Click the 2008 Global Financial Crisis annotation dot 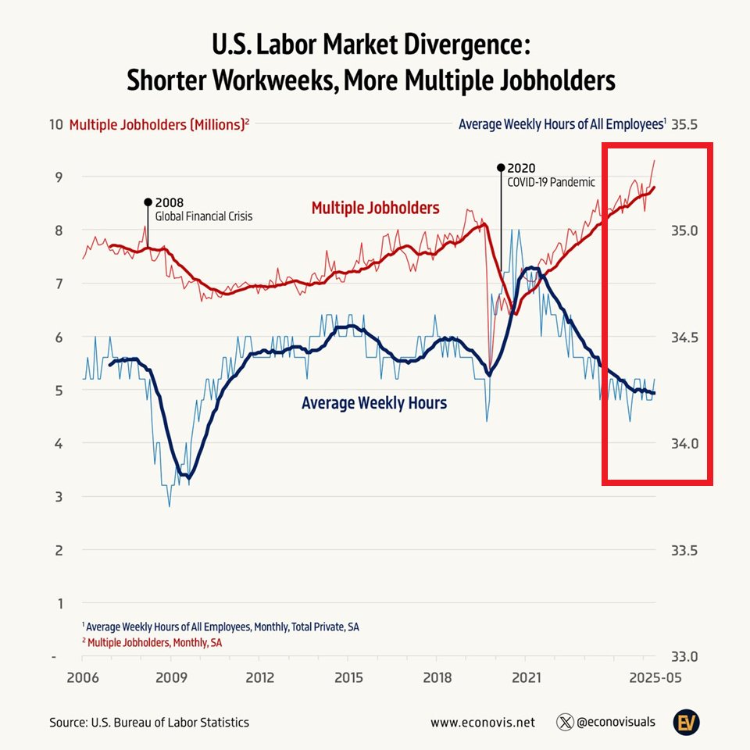click(x=147, y=202)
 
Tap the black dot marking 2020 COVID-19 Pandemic click(x=500, y=167)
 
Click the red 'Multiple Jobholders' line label click(x=375, y=208)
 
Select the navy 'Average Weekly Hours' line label click(x=374, y=403)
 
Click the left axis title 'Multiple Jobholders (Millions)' click(x=159, y=124)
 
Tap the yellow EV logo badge click(x=687, y=723)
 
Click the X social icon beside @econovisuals click(x=565, y=723)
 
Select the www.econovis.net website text click(x=482, y=723)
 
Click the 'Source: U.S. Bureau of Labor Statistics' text click(x=149, y=723)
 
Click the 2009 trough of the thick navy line click(x=186, y=476)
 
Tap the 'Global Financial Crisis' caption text click(x=203, y=216)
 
